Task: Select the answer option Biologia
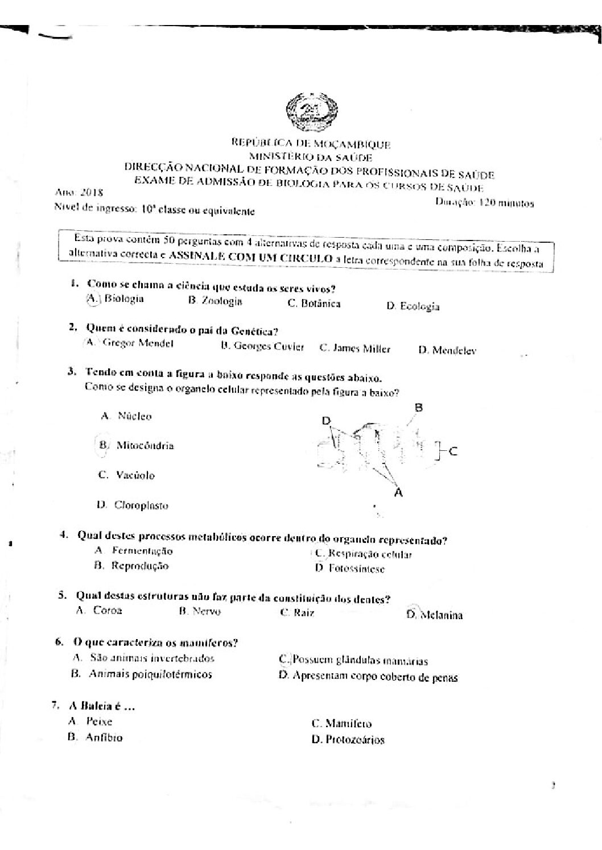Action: (123, 299)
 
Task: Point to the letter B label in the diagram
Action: (418, 408)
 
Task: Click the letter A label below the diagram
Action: (398, 493)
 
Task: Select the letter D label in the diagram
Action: (326, 421)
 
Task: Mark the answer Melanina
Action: (440, 615)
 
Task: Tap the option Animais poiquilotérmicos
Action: (150, 674)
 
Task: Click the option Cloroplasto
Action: (141, 505)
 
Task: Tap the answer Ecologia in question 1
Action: (419, 307)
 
